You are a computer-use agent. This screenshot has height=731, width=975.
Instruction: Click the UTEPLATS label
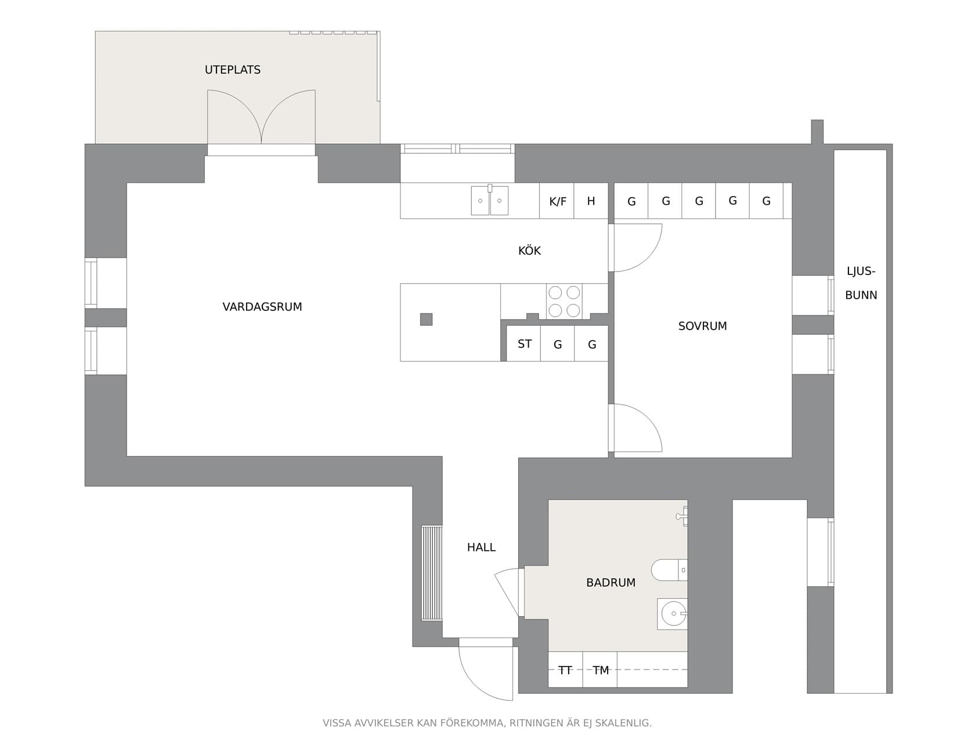(x=232, y=70)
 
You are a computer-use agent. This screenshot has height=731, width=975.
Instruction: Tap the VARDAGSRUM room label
(x=262, y=307)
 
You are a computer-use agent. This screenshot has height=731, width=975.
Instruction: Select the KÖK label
(x=529, y=251)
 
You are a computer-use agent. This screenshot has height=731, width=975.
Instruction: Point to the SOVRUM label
(x=702, y=326)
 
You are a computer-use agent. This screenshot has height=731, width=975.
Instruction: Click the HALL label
(x=481, y=547)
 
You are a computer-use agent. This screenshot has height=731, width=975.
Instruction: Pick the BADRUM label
(x=611, y=582)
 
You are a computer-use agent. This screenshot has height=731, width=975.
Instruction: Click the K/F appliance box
(x=557, y=201)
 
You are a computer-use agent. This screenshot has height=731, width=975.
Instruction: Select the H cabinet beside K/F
(x=591, y=201)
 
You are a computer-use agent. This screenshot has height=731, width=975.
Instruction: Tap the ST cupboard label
(x=524, y=344)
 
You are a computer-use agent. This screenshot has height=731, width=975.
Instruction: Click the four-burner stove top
(x=564, y=301)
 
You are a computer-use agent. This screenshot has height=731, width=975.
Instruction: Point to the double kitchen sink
(x=489, y=200)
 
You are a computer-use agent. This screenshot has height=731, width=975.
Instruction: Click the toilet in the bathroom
(x=669, y=570)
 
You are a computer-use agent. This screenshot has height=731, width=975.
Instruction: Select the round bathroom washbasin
(x=673, y=613)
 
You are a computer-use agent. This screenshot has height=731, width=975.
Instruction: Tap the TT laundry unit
(x=565, y=670)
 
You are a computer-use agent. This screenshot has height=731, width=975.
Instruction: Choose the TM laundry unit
(x=600, y=670)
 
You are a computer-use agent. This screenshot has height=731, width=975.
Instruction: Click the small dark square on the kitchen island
(x=426, y=319)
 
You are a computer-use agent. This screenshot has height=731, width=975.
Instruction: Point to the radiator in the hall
(x=431, y=573)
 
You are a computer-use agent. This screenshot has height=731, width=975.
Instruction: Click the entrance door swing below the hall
(x=485, y=670)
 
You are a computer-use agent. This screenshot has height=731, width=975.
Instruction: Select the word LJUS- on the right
(x=861, y=271)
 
